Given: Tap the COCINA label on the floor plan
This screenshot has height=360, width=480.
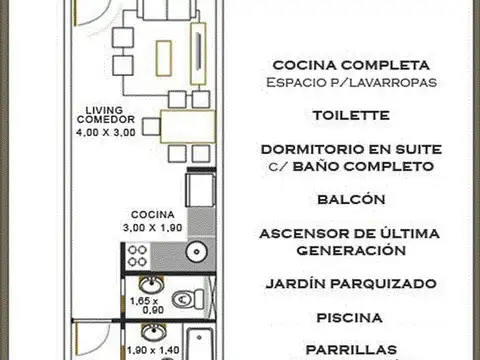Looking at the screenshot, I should pyautogui.click(x=153, y=214).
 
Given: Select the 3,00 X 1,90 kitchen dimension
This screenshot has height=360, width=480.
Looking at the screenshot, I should pyautogui.click(x=152, y=227).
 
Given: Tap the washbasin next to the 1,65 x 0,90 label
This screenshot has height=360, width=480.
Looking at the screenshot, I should pyautogui.click(x=150, y=283).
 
